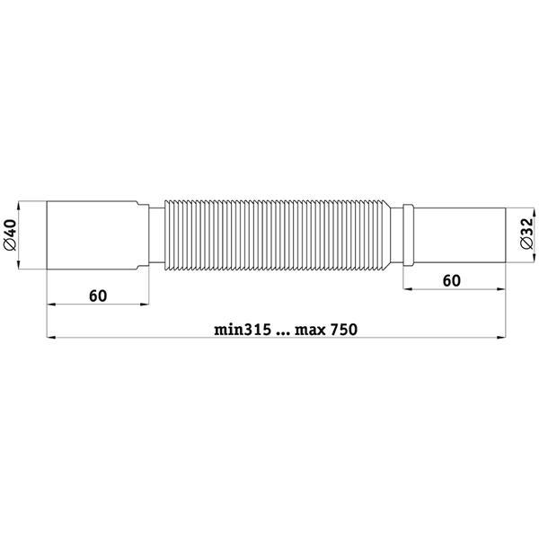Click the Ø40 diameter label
pos(10,235)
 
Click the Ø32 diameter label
pos(527,233)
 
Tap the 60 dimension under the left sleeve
pos(98,296)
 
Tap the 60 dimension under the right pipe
pos(451,281)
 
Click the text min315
pos(243,330)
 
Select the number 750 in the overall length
pos(344,330)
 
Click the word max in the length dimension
pos(310,331)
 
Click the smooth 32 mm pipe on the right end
pos(460,235)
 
